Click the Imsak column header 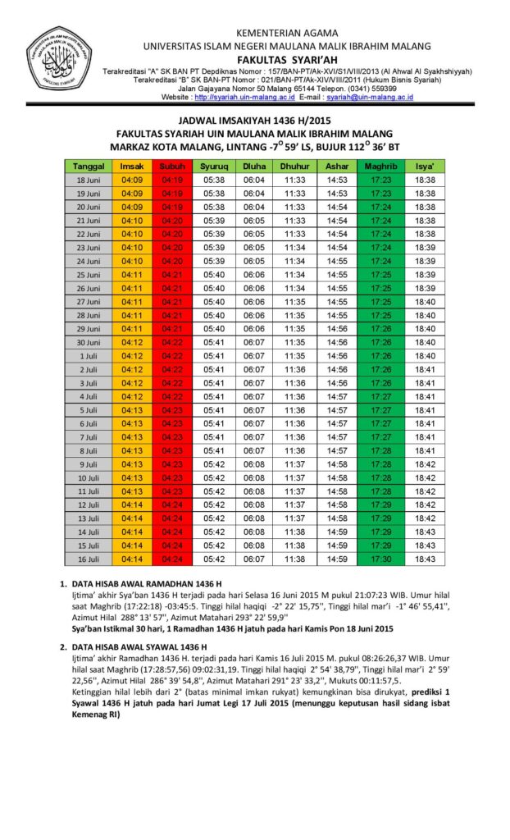[131, 166]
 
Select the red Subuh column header [172, 166]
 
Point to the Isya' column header [425, 166]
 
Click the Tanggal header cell [88, 166]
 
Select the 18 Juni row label [88, 180]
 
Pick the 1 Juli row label [88, 355]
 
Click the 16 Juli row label [88, 559]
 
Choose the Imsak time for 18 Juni [131, 180]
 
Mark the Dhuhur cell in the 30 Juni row [295, 342]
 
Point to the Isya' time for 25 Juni [425, 274]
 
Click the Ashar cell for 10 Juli [337, 477]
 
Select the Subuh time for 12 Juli [172, 504]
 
